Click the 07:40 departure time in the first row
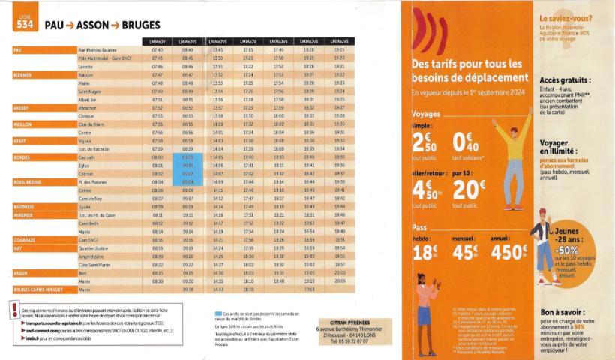pyautogui.click(x=157, y=49)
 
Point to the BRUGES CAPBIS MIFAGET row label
pyautogui.click(x=38, y=289)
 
